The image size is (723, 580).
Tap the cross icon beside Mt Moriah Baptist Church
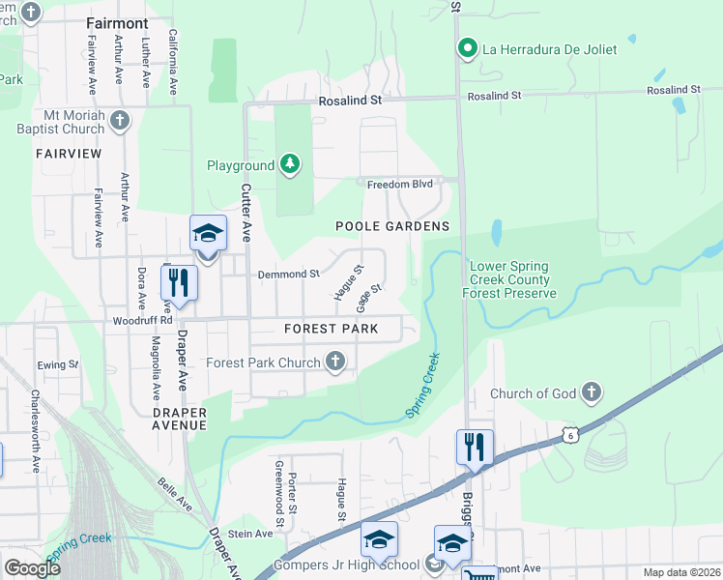(120, 121)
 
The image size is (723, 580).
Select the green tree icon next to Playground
(289, 165)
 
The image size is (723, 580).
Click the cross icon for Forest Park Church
(335, 362)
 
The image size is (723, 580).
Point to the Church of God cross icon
(592, 392)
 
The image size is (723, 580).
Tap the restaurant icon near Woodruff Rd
(179, 281)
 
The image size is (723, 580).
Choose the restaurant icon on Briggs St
(475, 447)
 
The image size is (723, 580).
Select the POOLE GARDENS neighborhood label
(392, 226)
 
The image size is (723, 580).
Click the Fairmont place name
(117, 22)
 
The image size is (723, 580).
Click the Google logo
(32, 568)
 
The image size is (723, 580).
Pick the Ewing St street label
(58, 364)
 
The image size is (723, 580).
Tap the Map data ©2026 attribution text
(680, 572)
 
